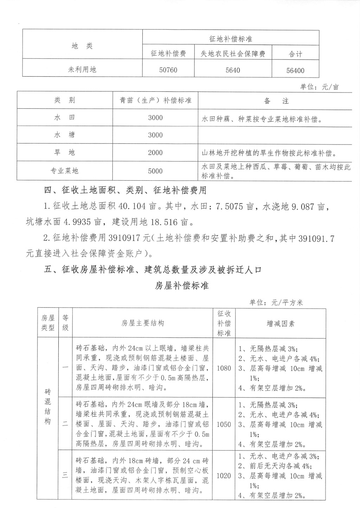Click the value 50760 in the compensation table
tap(168, 70)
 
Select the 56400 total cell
tap(295, 70)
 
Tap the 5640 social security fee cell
tap(233, 70)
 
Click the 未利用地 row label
tap(82, 70)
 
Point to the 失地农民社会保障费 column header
tap(233, 54)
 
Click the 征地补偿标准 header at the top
tap(231, 39)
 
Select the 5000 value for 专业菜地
tap(155, 171)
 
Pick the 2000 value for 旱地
tap(155, 153)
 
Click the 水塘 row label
tap(64, 135)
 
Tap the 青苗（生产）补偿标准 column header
tap(155, 100)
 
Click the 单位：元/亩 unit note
tap(319, 87)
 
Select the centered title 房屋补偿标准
tap(182, 286)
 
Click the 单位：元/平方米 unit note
tap(276, 302)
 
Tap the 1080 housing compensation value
tap(224, 368)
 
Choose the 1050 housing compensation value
tap(224, 424)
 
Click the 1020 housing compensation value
tap(224, 476)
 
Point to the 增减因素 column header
tap(280, 323)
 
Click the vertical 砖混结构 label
tap(48, 406)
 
